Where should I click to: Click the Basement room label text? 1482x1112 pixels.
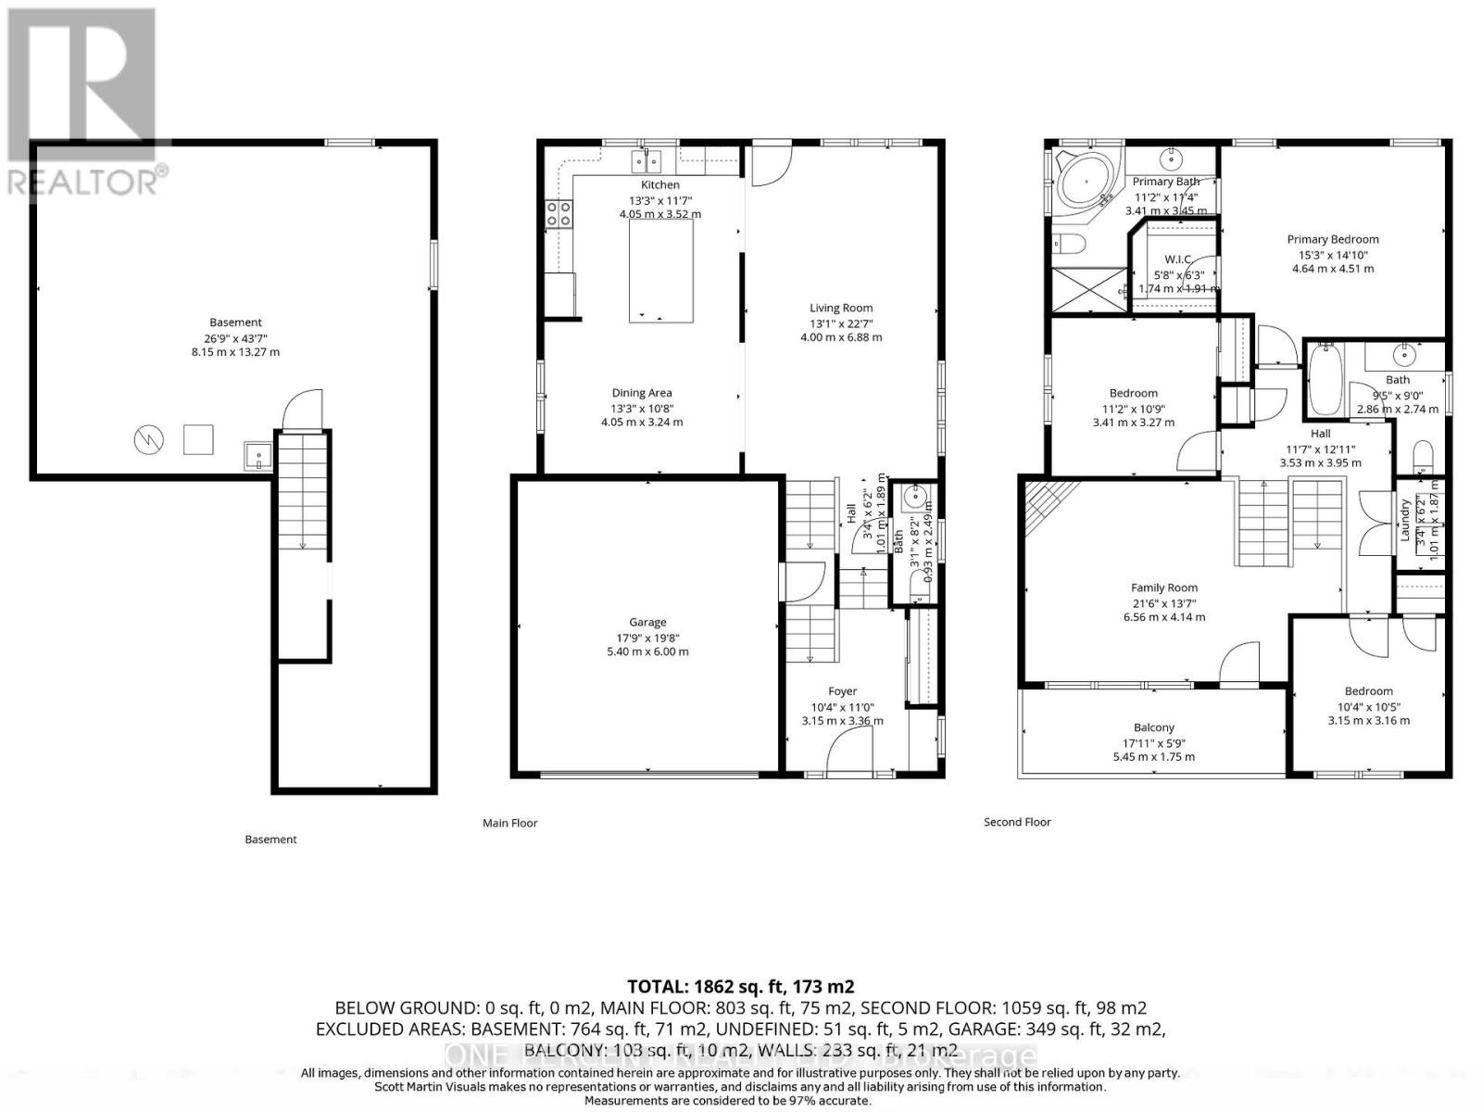235,322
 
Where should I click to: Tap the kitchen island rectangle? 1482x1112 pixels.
660,272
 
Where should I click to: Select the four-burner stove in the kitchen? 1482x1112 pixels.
559,215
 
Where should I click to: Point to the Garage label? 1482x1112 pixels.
647,623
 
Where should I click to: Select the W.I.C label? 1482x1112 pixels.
1177,259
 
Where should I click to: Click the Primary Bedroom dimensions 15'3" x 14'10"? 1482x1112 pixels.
1333,255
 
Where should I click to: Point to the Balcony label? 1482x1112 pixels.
1153,728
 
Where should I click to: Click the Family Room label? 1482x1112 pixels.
1163,588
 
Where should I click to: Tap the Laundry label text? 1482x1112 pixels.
1404,520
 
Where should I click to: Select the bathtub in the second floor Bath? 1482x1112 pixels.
1325,379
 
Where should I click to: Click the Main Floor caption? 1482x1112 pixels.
509,823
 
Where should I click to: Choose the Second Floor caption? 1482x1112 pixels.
1017,822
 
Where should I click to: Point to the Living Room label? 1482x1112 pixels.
841,308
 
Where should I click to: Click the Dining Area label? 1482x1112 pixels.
641,393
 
